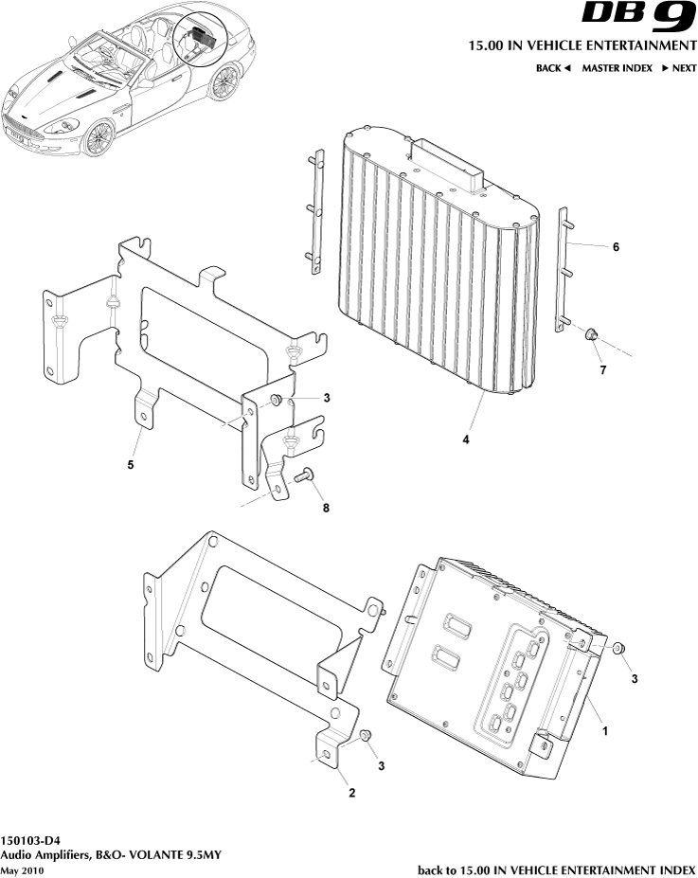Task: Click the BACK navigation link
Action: [553, 68]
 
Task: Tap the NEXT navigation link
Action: [678, 68]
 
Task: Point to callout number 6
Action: [616, 247]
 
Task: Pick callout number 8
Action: [326, 510]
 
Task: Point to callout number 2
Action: [351, 793]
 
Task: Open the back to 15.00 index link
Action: [556, 869]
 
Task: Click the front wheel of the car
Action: [97, 138]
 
